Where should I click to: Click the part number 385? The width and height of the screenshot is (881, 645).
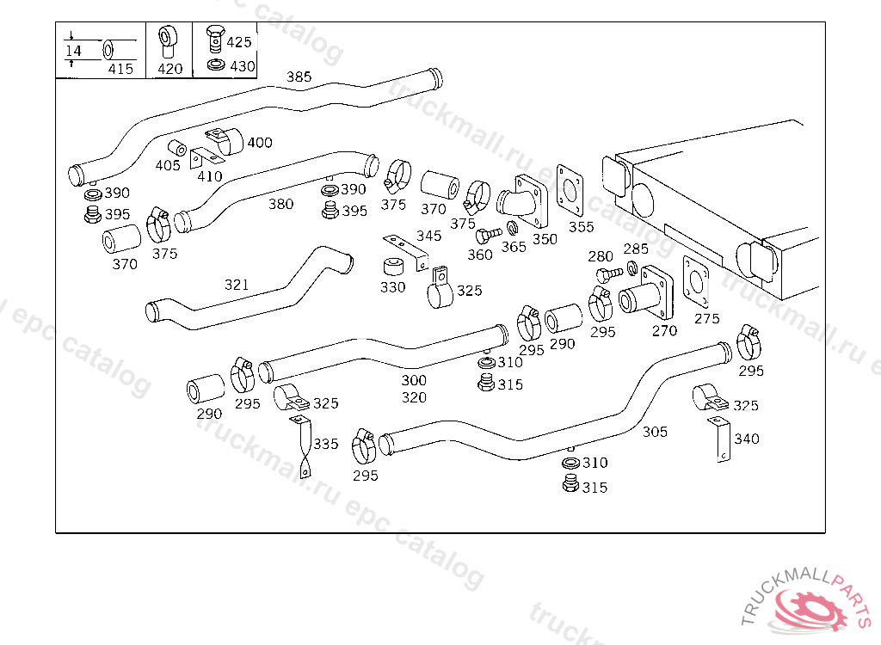coord(299,77)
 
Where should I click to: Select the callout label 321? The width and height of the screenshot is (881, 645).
coord(236,285)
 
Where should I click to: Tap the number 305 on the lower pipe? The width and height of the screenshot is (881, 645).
coord(655,432)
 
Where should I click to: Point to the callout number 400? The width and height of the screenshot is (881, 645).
coord(260,143)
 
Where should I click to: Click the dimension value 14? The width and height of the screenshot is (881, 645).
coord(74,51)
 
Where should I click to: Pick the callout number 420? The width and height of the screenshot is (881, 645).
coord(169,69)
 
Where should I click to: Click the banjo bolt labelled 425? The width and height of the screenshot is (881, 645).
coord(214,38)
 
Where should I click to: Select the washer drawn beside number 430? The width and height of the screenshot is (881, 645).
coord(216,65)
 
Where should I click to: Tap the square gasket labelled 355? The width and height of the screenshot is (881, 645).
coord(570,190)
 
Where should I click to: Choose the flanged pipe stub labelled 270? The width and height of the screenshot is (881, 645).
coord(646,293)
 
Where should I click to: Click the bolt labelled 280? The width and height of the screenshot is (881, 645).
coord(609,274)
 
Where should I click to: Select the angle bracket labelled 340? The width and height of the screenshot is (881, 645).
coord(719,439)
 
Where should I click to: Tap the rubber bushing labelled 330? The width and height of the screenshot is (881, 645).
coord(395,267)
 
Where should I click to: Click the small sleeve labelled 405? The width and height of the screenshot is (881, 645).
coord(177,148)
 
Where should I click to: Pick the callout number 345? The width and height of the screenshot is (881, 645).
coord(428,236)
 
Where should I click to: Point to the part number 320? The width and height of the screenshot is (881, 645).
coord(414,398)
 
